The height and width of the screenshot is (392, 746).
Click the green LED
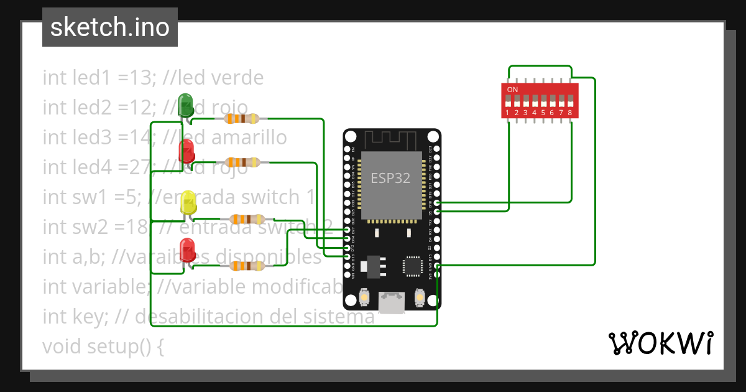[x=185, y=104]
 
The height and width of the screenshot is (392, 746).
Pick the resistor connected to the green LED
[x=242, y=118]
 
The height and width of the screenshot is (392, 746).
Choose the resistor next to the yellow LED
[x=248, y=219]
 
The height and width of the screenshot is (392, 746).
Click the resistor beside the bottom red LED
[x=247, y=266]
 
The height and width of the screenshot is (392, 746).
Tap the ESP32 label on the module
[x=390, y=178]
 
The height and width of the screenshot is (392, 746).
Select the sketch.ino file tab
[x=110, y=27]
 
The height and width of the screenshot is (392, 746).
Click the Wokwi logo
[x=660, y=343]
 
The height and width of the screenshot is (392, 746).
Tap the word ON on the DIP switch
[x=512, y=90]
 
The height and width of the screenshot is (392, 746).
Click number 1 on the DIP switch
[x=508, y=113]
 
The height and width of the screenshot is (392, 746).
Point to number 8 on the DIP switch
[x=570, y=113]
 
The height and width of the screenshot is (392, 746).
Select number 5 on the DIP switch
[x=543, y=113]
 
